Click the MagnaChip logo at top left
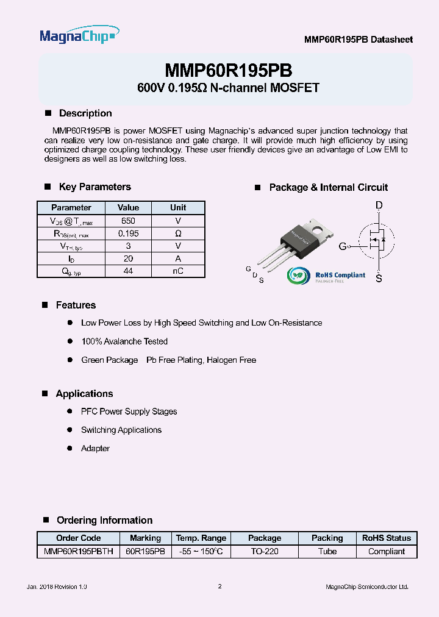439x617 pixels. pos(79,36)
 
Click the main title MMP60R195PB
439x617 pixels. pos(228,69)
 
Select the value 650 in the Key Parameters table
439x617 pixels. pos(128,221)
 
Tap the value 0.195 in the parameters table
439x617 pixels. pos(128,234)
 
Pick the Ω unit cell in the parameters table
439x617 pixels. pos(178,234)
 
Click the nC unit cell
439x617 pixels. pos(178,271)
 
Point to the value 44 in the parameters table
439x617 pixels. pos(128,271)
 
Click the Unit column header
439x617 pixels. pos(178,208)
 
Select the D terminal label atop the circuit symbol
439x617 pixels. pos(379,206)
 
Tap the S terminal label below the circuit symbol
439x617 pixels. pos(379,279)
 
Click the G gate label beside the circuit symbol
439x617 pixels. pos(343,246)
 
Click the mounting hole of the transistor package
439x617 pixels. pos(316,229)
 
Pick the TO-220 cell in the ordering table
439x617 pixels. pos(265,552)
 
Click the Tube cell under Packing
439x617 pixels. pos(327,552)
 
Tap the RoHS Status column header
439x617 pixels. pos(387,538)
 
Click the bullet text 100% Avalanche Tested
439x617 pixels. pos(124,341)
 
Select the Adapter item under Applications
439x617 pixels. pos(95,449)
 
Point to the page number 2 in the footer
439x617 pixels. pos(220,587)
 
